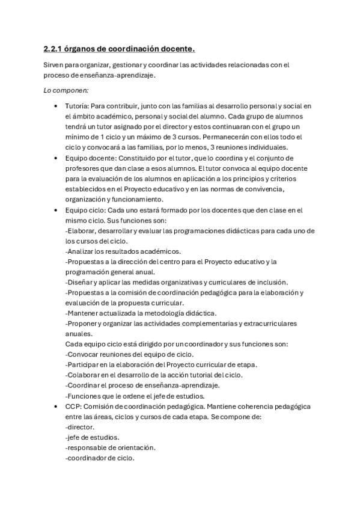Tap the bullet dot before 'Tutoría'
pos(56,106)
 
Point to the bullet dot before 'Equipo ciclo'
pos(56,210)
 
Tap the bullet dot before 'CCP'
pos(56,407)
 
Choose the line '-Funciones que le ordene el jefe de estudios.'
pos(135,396)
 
